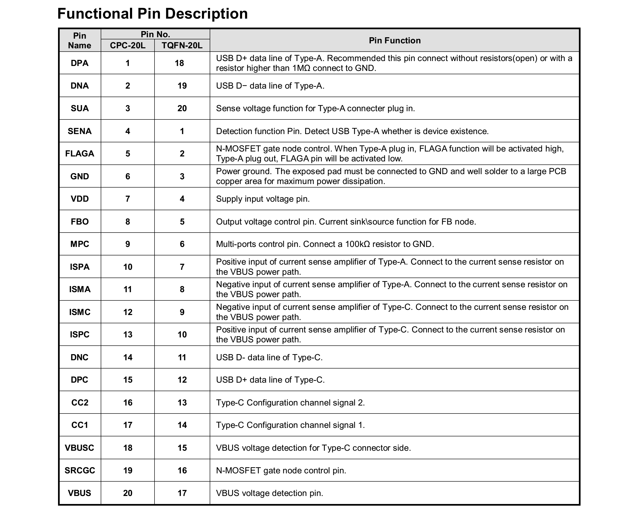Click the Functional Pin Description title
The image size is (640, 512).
click(x=153, y=14)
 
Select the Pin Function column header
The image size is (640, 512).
click(x=394, y=40)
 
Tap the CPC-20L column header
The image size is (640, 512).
click(x=128, y=45)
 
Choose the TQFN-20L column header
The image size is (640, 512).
click(x=182, y=45)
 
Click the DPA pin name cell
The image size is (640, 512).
click(x=79, y=63)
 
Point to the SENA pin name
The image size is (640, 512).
click(x=79, y=131)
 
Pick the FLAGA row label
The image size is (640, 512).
click(x=79, y=154)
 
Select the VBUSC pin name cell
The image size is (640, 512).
click(x=79, y=448)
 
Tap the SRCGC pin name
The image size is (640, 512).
click(x=79, y=471)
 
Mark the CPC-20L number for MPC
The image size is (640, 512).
click(x=128, y=244)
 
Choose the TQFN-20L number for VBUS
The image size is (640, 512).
click(x=182, y=493)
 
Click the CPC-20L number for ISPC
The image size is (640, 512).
click(x=128, y=334)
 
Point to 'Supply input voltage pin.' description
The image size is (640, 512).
click(x=263, y=199)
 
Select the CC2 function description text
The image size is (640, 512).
click(x=290, y=403)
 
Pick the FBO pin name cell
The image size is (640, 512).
click(x=79, y=221)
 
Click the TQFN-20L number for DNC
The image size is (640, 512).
click(x=182, y=357)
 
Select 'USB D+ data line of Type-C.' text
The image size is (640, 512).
click(x=270, y=380)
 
